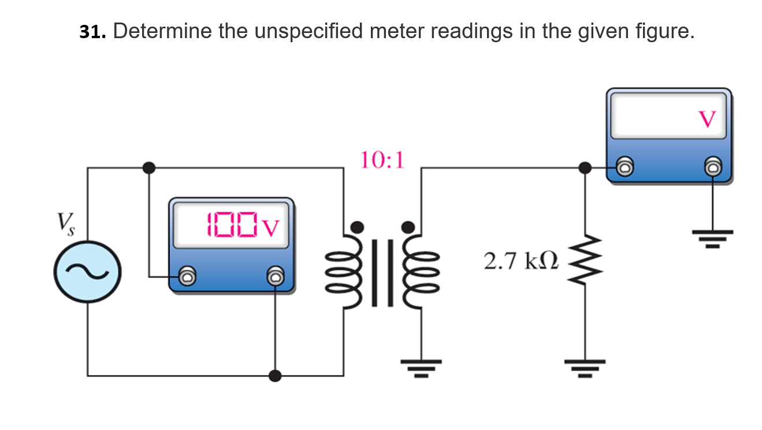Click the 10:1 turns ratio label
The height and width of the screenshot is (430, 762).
382,160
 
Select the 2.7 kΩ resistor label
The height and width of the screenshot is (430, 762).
521,261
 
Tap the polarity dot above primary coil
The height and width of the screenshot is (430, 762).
358,226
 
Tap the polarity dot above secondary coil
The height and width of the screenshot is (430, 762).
408,226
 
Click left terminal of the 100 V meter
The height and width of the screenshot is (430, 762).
187,276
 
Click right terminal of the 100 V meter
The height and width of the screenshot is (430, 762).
276,276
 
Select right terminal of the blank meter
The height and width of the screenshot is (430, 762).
713,168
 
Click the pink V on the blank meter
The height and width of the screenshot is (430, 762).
707,119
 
